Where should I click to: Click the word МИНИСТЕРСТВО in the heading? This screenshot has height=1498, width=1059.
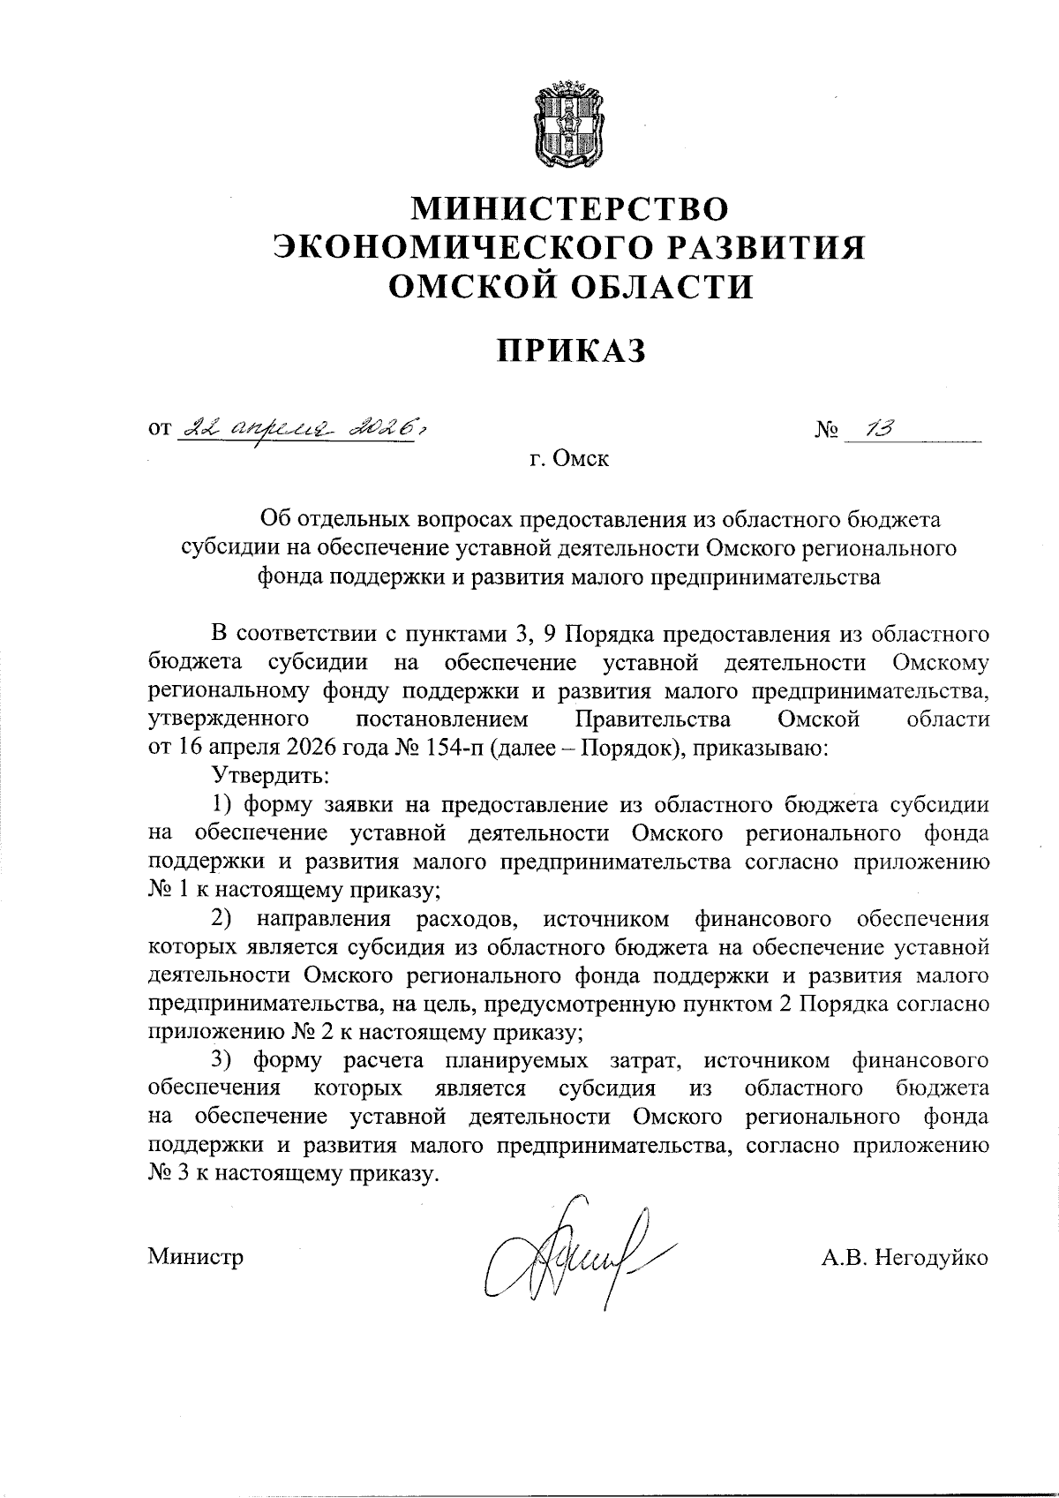(572, 208)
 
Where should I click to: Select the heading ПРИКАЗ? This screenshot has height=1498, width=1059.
(571, 350)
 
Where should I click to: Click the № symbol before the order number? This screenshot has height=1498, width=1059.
(826, 432)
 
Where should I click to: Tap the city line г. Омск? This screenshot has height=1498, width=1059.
(571, 460)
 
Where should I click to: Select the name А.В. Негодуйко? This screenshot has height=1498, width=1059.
(905, 1257)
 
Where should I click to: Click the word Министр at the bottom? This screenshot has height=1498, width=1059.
(195, 1257)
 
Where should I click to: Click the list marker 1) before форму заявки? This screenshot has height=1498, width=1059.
(222, 804)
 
